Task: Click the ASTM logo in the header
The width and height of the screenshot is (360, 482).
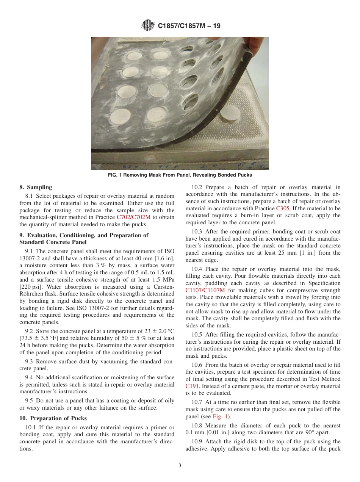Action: (148, 26)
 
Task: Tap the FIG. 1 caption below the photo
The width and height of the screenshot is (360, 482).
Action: (180, 175)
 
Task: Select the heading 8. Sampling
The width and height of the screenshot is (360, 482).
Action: (36, 187)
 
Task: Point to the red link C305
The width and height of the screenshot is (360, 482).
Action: (283, 208)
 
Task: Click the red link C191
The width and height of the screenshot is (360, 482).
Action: (192, 386)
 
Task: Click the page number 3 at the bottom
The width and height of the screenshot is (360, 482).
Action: (180, 466)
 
